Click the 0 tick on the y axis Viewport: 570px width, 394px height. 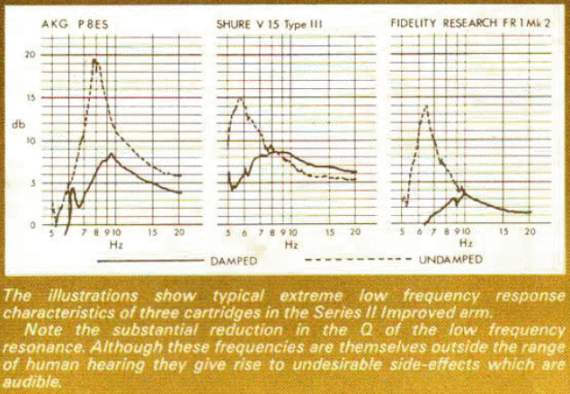click(x=32, y=224)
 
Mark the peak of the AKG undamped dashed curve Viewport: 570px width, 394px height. click(x=94, y=60)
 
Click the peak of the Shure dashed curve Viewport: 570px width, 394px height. click(x=240, y=98)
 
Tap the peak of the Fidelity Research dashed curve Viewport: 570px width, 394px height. click(x=423, y=106)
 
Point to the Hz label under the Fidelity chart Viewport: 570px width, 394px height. click(x=465, y=245)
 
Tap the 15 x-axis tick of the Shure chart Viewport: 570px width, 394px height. click(x=327, y=233)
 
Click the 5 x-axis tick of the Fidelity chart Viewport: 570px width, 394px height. click(x=401, y=233)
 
